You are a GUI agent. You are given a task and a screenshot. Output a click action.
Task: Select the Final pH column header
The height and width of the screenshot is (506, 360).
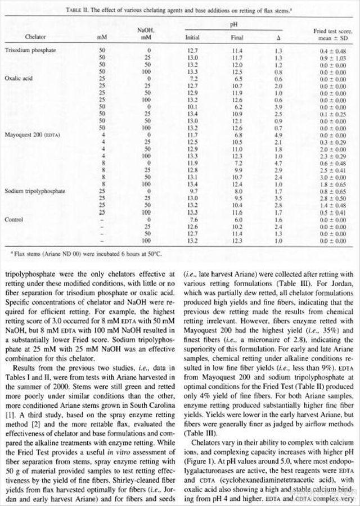click(x=237, y=38)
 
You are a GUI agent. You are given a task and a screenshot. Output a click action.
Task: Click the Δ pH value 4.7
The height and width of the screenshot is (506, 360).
click(x=278, y=160)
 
